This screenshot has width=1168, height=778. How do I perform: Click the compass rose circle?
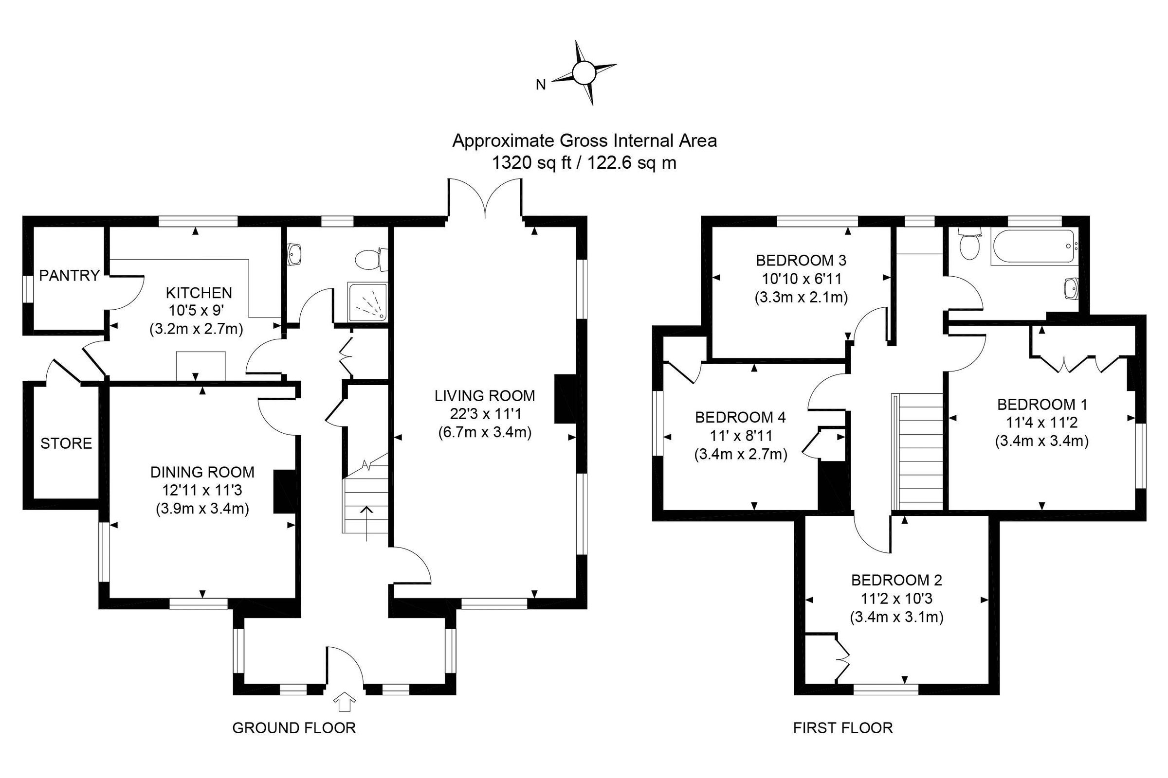[584, 73]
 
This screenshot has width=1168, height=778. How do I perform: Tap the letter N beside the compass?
[541, 85]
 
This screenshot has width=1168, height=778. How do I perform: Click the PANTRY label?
[69, 275]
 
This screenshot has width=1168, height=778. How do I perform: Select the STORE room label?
[66, 443]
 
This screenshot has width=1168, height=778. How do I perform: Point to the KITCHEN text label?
[199, 292]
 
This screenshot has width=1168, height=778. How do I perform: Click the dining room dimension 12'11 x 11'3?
[202, 490]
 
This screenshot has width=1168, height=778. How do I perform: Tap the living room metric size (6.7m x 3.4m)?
[485, 432]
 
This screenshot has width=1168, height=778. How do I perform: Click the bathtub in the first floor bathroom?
[1032, 247]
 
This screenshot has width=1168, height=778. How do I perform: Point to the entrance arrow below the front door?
[345, 703]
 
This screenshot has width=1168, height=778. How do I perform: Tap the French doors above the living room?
[485, 198]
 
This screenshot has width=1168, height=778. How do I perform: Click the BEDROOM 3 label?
[801, 260]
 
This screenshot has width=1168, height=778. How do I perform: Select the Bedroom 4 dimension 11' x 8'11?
[740, 436]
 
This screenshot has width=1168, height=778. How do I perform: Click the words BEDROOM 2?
[896, 580]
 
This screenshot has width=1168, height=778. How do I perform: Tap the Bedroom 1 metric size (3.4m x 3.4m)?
[1041, 441]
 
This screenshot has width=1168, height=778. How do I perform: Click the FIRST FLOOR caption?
[843, 728]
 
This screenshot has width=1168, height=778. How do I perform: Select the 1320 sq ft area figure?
[531, 163]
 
